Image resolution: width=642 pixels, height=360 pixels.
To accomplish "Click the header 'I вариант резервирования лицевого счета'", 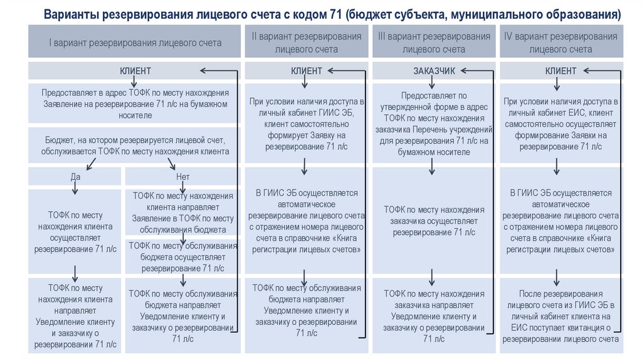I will [135, 43].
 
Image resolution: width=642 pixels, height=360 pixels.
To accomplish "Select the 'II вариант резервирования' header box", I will [307, 43].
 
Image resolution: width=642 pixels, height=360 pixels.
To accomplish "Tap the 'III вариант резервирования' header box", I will [434, 43].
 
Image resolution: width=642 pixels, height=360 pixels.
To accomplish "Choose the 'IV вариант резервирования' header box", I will [560, 43].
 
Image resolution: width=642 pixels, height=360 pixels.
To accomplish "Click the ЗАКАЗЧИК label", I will [434, 71].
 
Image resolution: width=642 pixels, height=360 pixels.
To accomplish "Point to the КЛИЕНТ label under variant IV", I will [560, 71].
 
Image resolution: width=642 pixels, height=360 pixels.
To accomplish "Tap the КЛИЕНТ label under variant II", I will [307, 71].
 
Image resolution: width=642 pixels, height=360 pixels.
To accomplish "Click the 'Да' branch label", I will [75, 177].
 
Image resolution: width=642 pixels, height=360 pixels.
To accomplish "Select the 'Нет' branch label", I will [183, 177].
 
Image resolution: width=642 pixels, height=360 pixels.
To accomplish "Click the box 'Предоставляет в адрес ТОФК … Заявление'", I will [135, 103].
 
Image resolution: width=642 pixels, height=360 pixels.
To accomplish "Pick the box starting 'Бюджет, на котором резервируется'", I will [135, 145].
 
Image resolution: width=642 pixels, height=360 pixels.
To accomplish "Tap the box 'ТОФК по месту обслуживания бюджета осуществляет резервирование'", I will [182, 257].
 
